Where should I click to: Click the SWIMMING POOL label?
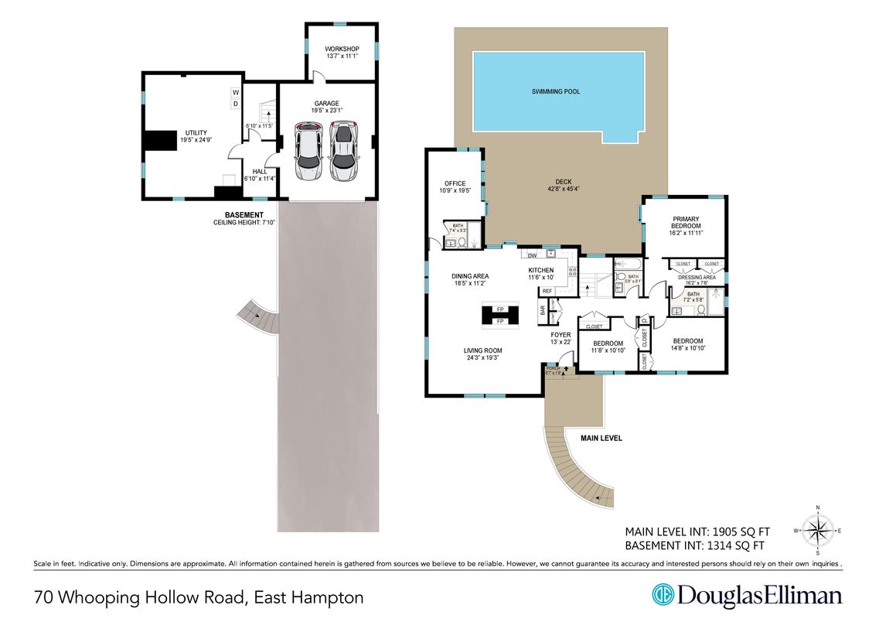555,91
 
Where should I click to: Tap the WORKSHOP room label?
342,50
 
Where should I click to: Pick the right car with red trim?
344,151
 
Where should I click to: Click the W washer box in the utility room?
235,93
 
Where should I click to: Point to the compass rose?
818,530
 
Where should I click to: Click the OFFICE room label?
455,183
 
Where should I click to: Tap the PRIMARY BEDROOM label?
686,222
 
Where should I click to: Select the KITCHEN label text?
541,270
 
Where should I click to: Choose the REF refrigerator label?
547,291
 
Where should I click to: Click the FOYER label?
560,335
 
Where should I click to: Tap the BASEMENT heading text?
244,215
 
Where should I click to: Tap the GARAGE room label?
326,104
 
